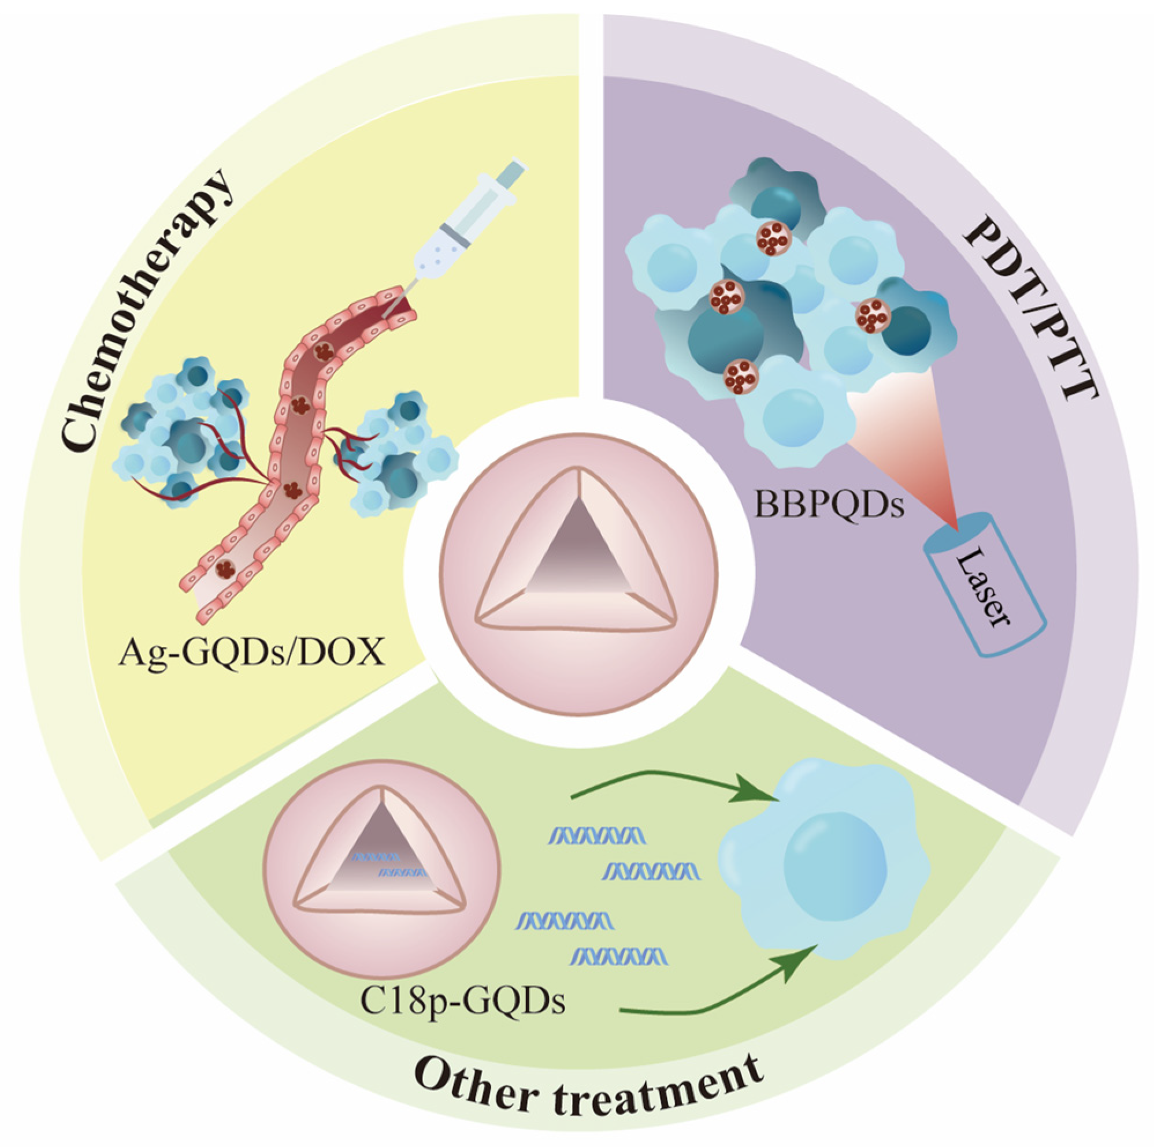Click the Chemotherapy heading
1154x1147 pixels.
point(146,311)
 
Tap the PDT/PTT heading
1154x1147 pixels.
point(1030,316)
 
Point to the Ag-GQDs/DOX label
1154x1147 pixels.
point(251,654)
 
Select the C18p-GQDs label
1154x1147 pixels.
point(463,1002)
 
